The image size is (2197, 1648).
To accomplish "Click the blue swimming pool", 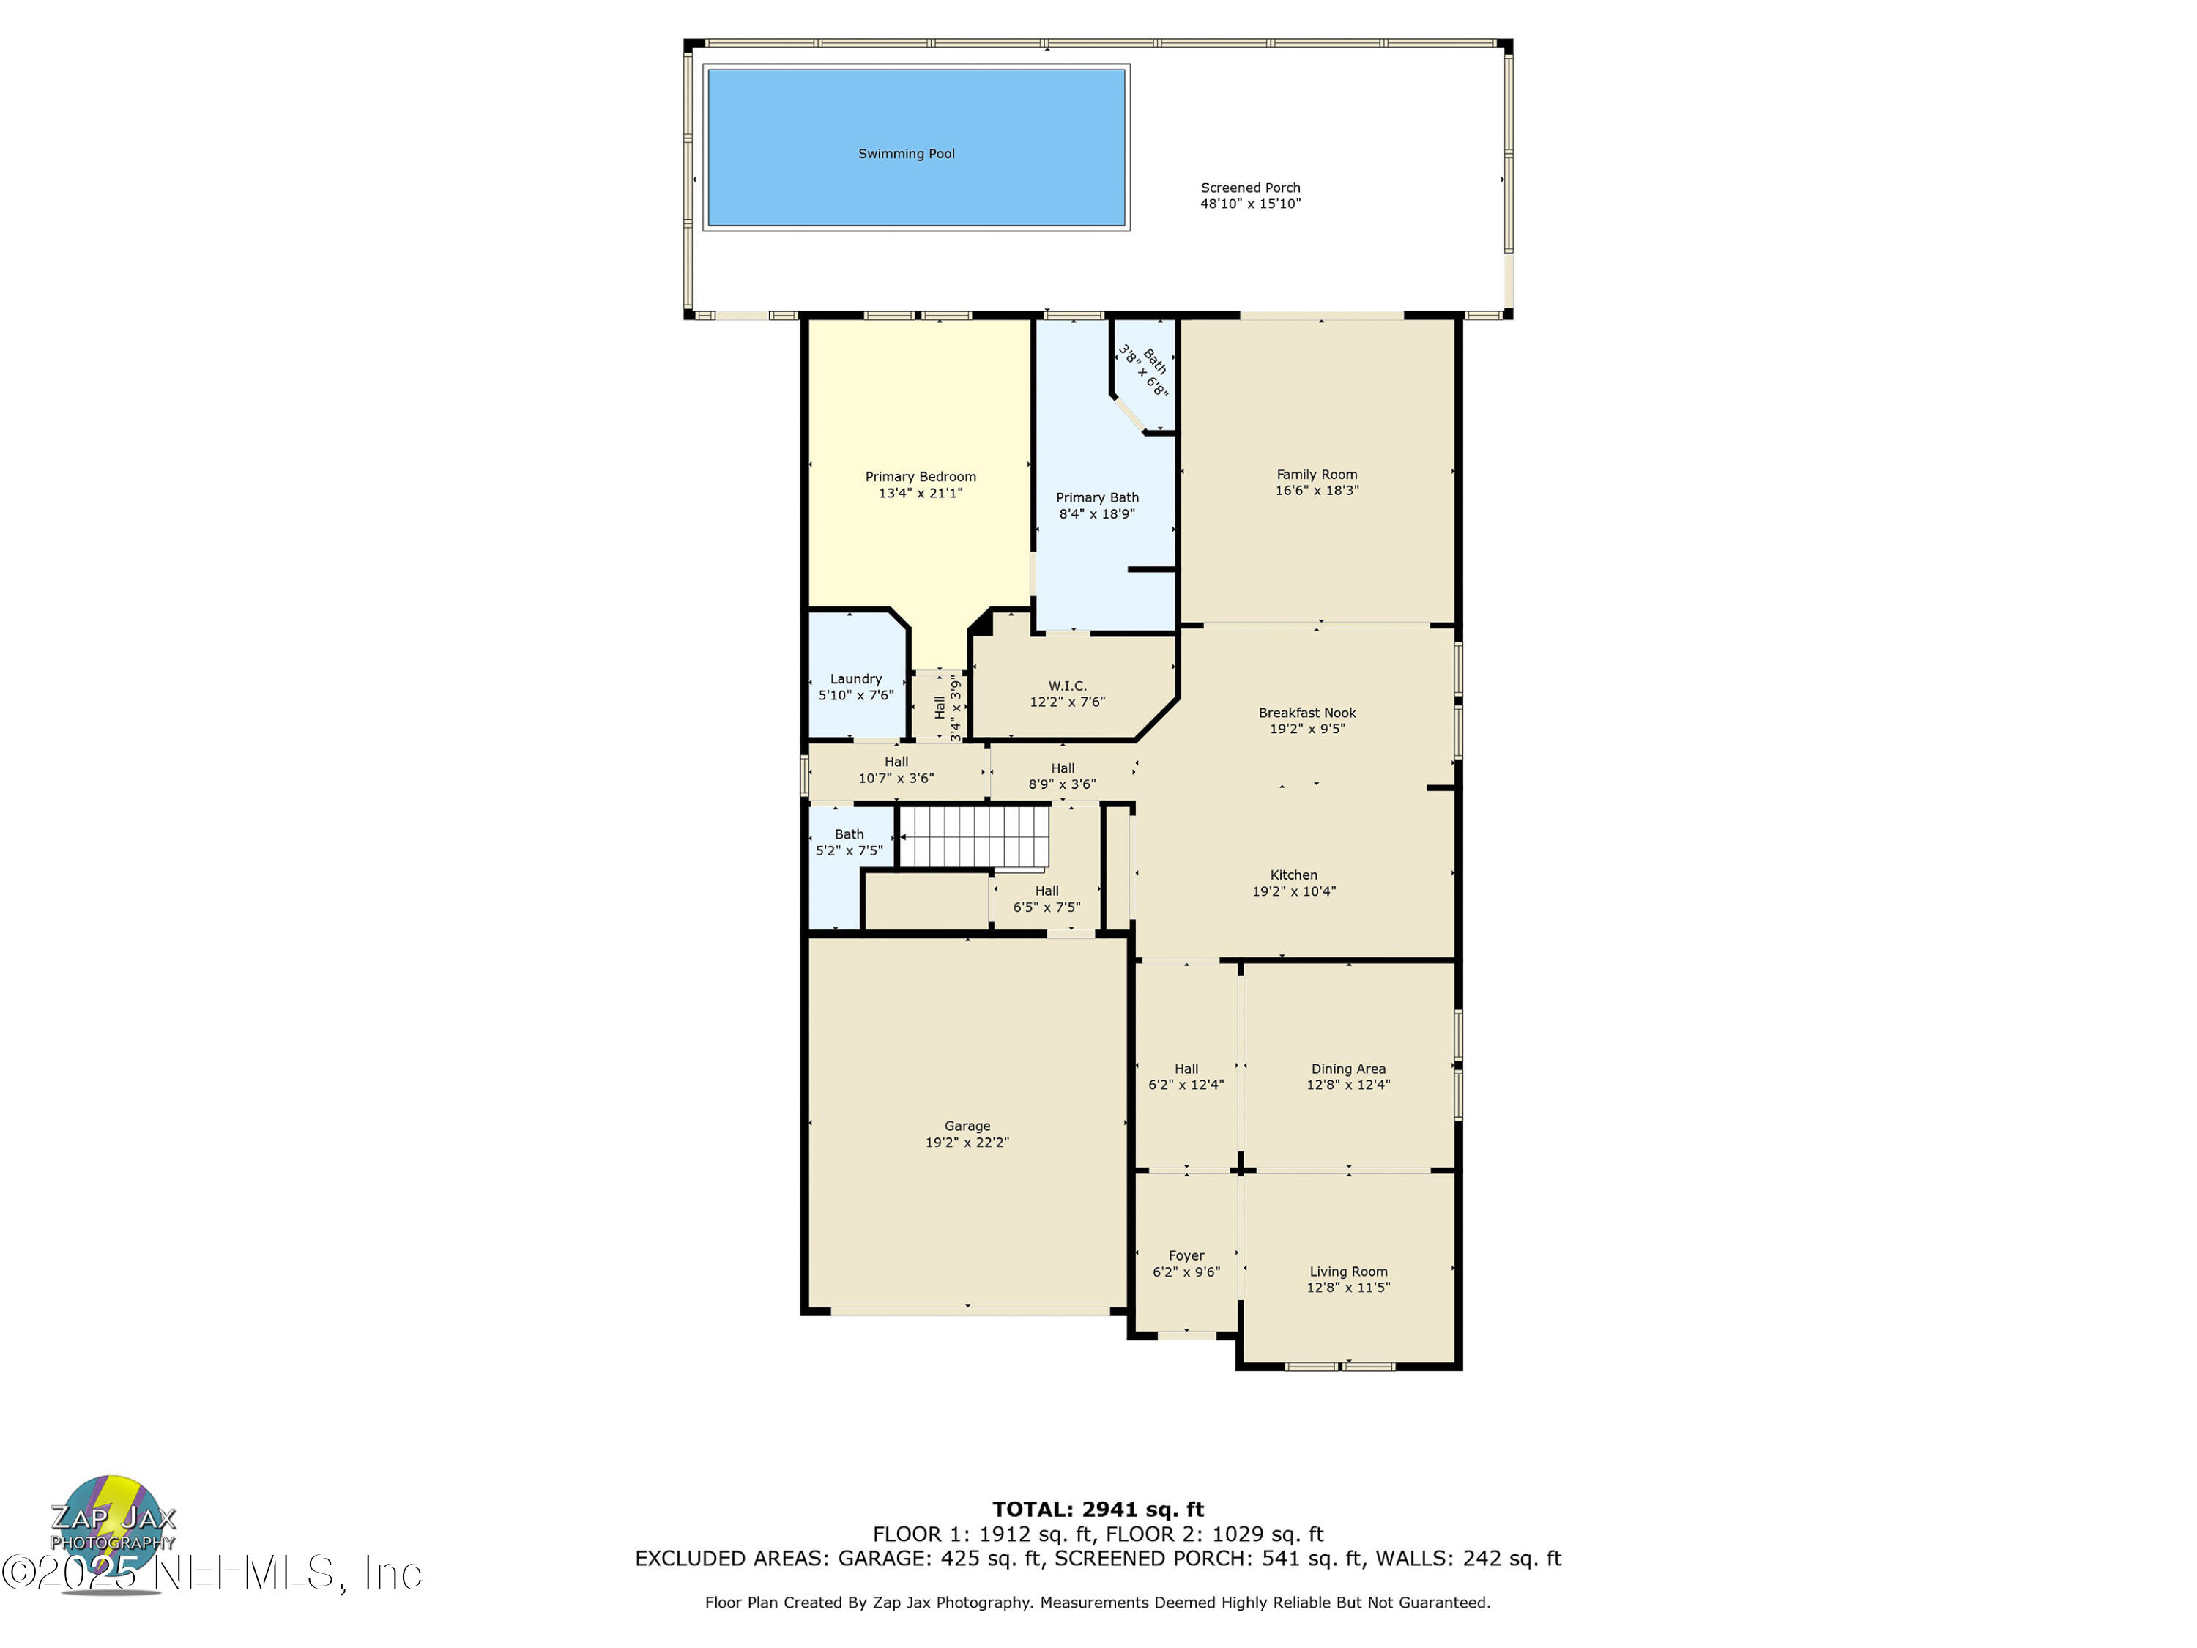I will (915, 147).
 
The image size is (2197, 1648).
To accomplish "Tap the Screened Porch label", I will (1249, 196).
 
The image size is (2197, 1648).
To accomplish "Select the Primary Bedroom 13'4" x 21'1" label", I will (920, 485).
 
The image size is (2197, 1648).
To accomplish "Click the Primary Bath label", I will (1096, 505).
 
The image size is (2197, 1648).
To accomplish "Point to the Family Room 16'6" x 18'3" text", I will (1316, 483).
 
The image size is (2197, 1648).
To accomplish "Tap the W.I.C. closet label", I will (1067, 694).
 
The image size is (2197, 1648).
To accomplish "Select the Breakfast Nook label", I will (1306, 720).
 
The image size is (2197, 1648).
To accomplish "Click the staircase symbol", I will (973, 836).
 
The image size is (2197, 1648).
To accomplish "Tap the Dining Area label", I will (1347, 1077).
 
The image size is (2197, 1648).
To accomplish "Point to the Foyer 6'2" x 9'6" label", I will (1186, 1263).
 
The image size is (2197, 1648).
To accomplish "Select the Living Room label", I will (1347, 1280).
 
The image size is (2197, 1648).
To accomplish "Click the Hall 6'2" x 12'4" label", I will (1186, 1077).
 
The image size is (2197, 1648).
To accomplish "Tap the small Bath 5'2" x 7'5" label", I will (848, 842).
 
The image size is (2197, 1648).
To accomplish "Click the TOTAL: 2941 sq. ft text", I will (1098, 1510).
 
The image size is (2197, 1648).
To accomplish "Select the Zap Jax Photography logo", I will (112, 1530).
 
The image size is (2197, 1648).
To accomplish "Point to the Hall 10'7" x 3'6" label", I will (896, 770).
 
